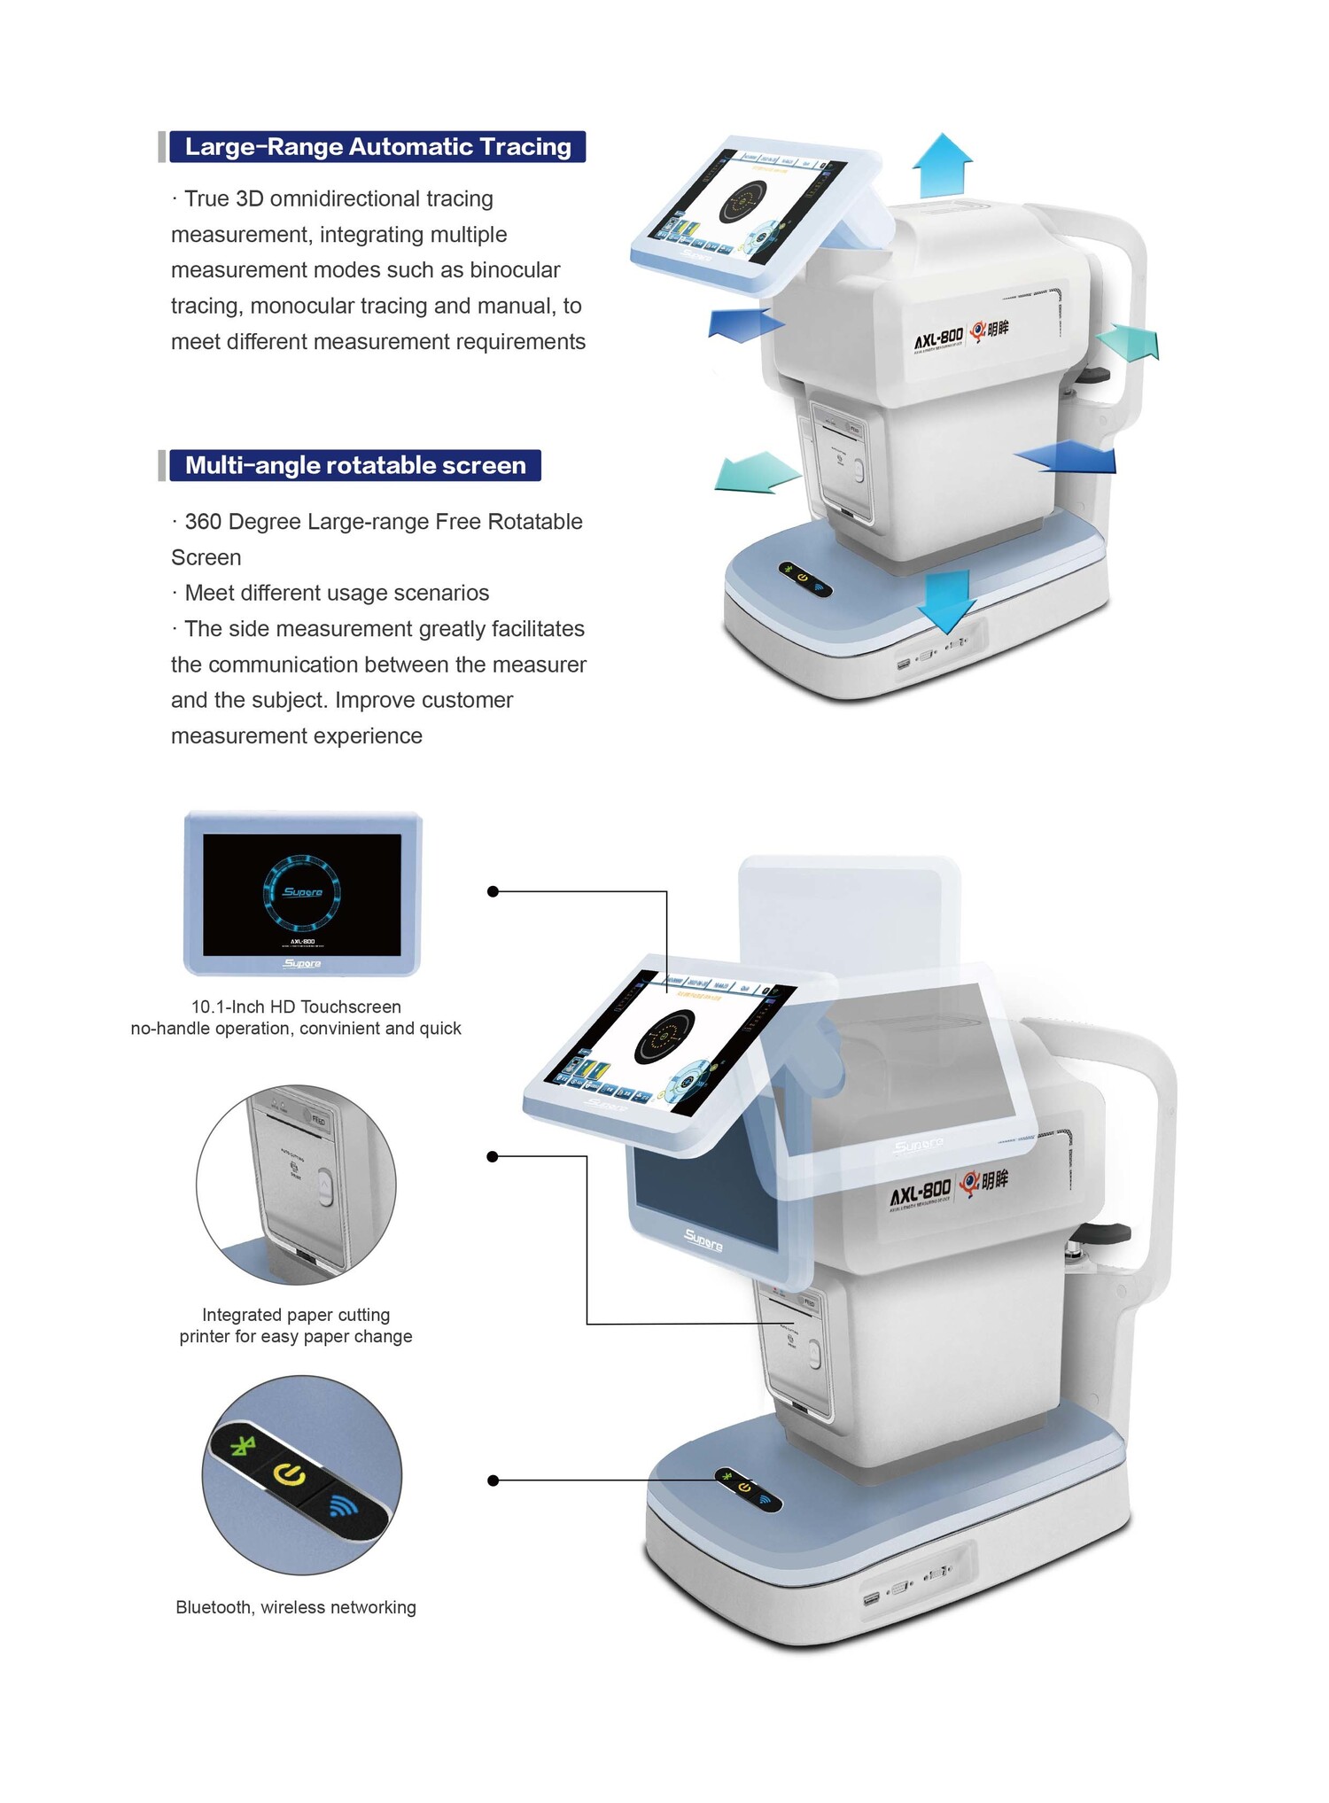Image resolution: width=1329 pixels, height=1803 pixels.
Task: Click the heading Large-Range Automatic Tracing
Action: pos(377,146)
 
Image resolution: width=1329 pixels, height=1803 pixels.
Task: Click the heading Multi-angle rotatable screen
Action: pos(355,465)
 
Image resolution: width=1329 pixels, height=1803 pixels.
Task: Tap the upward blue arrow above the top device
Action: pos(942,166)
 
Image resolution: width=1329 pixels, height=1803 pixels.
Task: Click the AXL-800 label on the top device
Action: pos(938,338)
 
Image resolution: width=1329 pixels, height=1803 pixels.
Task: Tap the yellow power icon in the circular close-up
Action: pos(291,1474)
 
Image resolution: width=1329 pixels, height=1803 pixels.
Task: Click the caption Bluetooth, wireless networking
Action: pos(296,1607)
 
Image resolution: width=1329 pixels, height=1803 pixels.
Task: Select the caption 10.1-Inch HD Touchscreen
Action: pos(296,1006)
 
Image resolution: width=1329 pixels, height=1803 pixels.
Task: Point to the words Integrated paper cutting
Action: pos(296,1315)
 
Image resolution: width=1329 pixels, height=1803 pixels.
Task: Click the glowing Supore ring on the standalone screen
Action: pos(302,891)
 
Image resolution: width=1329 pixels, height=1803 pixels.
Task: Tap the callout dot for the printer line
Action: pos(493,1156)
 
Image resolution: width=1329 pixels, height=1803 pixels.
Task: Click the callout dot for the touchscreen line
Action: pos(493,891)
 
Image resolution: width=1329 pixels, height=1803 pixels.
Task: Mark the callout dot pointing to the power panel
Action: pos(493,1480)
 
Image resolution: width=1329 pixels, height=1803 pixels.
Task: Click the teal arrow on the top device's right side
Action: pos(1128,342)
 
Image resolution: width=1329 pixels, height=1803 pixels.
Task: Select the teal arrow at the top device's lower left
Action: pos(755,471)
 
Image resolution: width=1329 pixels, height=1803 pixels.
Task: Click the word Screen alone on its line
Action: pos(206,557)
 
